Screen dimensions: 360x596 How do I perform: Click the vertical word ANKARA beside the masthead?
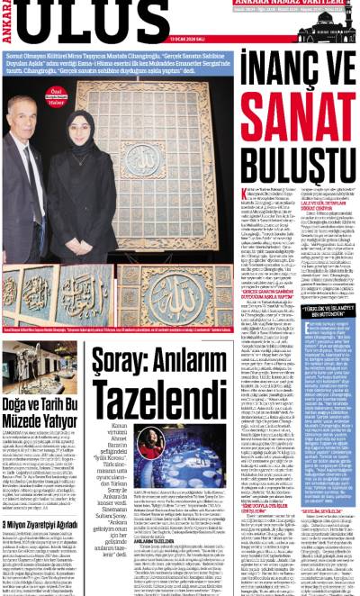(10, 22)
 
